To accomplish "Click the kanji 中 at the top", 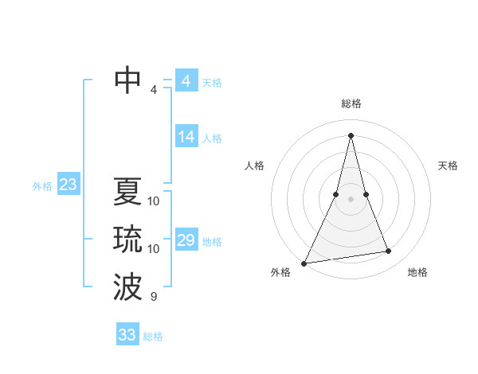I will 127,80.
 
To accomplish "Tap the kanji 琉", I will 127,240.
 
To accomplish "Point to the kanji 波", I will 127,287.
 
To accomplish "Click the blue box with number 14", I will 186,137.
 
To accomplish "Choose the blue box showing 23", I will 68,185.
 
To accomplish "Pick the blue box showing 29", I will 186,240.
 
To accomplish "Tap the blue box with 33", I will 127,335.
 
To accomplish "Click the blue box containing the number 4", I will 186,81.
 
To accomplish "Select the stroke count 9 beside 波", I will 154,297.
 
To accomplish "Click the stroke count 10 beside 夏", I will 154,201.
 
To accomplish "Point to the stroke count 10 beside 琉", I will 154,249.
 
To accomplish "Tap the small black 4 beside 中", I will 154,90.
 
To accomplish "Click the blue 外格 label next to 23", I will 42,186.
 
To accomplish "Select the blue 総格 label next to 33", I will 153,337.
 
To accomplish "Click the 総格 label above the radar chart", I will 351,103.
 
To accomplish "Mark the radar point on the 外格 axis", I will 304,263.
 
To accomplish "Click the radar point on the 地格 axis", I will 389,251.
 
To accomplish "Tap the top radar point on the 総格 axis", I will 351,134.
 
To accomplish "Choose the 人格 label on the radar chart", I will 254,166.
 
